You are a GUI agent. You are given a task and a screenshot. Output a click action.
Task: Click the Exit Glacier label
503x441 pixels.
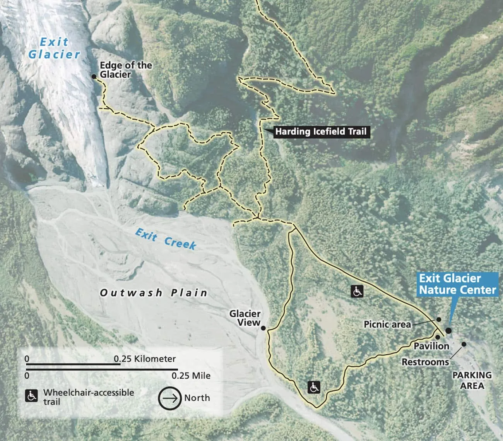pos(54,48)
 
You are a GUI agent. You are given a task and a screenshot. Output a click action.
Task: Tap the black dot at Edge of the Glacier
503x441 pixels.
pos(94,77)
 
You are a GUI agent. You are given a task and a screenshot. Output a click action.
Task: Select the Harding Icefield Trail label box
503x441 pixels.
pos(320,132)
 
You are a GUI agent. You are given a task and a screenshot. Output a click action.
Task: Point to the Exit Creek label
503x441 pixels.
pos(165,239)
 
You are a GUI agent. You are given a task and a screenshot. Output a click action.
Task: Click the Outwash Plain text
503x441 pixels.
pos(154,293)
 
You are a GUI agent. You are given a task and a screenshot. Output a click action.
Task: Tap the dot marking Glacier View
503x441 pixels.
pos(263,328)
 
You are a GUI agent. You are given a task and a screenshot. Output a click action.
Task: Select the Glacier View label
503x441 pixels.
pos(245,317)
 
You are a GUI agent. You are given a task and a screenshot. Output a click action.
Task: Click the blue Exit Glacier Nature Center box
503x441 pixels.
pos(457,284)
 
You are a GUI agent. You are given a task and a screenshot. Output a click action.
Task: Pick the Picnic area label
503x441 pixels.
pos(387,324)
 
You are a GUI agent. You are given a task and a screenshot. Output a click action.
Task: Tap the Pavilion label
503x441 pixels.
pos(431,346)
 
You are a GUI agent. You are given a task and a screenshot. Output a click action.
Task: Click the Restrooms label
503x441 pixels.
pos(425,362)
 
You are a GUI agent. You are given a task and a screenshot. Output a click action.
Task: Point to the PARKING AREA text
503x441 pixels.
pos(472,380)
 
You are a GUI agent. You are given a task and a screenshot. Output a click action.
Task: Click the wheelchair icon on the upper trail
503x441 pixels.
pos(357,291)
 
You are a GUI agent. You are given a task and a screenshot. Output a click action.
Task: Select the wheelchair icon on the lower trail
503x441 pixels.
pos(314,386)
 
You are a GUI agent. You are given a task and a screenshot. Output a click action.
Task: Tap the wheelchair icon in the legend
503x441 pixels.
pos(31,396)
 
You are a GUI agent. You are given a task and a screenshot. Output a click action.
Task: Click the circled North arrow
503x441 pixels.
pos(169,398)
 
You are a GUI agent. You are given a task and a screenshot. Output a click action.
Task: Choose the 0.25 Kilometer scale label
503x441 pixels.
pos(145,359)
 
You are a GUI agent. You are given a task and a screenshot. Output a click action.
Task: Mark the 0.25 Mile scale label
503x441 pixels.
pos(191,376)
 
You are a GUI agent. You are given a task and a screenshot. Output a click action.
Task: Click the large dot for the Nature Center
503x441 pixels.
pos(448,330)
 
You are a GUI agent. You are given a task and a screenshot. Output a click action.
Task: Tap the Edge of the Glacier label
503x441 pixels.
pos(126,70)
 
